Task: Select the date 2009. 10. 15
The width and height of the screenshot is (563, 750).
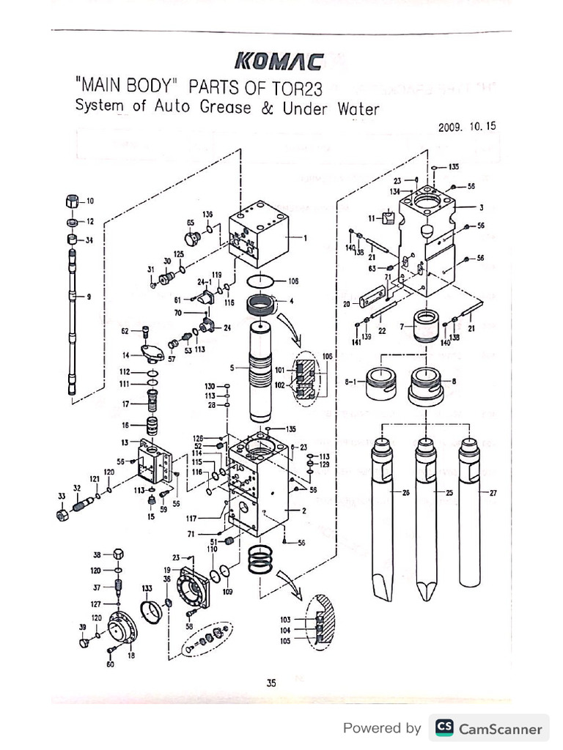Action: pos(467,126)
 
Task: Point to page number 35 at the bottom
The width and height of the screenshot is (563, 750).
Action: pos(271,683)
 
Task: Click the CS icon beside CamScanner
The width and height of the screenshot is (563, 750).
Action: pos(444,727)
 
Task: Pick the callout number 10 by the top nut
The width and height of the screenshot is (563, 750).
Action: pos(90,201)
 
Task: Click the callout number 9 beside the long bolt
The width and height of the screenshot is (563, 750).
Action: pos(89,296)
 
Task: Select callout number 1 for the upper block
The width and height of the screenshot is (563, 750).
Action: pos(305,237)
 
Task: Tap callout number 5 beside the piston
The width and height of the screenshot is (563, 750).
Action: pos(232,368)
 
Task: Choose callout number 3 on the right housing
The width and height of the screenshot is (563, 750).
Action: pos(481,207)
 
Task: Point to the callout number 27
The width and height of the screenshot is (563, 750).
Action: pos(493,493)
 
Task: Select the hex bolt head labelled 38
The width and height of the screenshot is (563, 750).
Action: pos(119,554)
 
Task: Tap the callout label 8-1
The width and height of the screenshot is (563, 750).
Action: pos(353,382)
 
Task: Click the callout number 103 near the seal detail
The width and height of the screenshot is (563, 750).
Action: pos(285,620)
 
